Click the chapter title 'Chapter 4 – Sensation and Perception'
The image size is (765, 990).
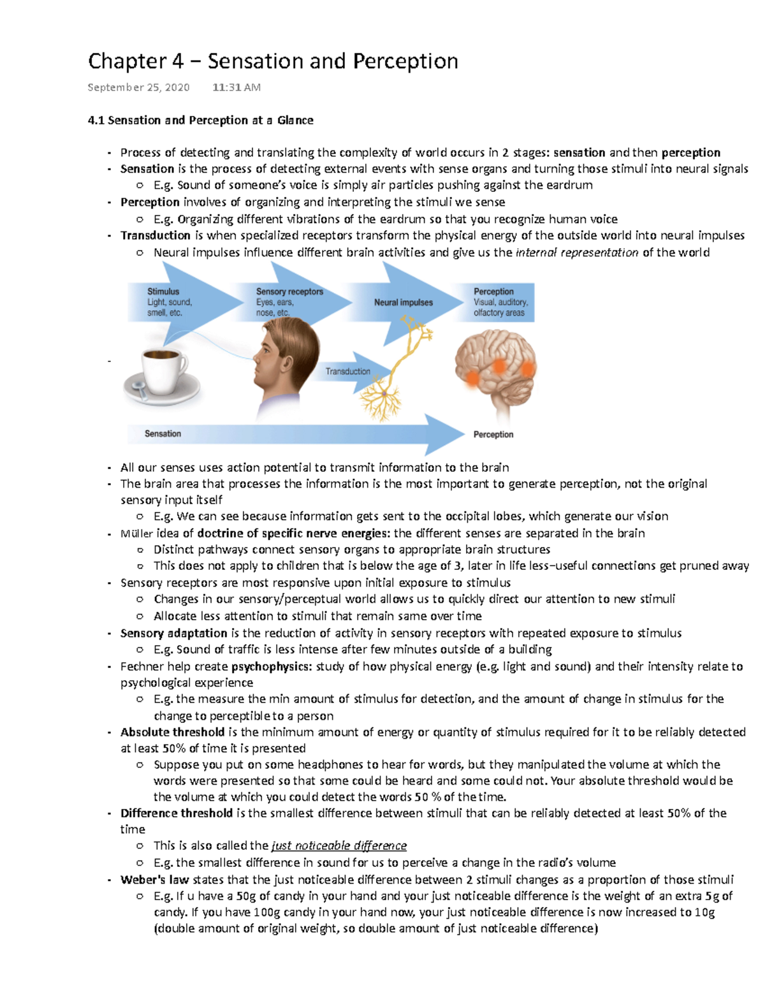pyautogui.click(x=273, y=61)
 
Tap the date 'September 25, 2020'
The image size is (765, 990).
pyautogui.click(x=138, y=87)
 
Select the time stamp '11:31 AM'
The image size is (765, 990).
pyautogui.click(x=237, y=87)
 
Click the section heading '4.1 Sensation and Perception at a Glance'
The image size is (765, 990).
pyautogui.click(x=200, y=120)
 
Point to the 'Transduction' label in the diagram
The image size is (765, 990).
pyautogui.click(x=347, y=371)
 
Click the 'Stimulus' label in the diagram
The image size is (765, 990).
pyautogui.click(x=163, y=291)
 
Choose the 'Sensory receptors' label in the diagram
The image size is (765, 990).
pyautogui.click(x=289, y=291)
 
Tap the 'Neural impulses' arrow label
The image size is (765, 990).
pyautogui.click(x=403, y=302)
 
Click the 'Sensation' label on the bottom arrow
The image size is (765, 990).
pyautogui.click(x=163, y=433)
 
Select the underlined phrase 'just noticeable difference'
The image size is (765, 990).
pyautogui.click(x=339, y=846)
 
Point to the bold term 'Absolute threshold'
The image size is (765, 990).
pyautogui.click(x=172, y=732)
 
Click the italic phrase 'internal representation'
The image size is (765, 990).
pyautogui.click(x=577, y=252)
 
